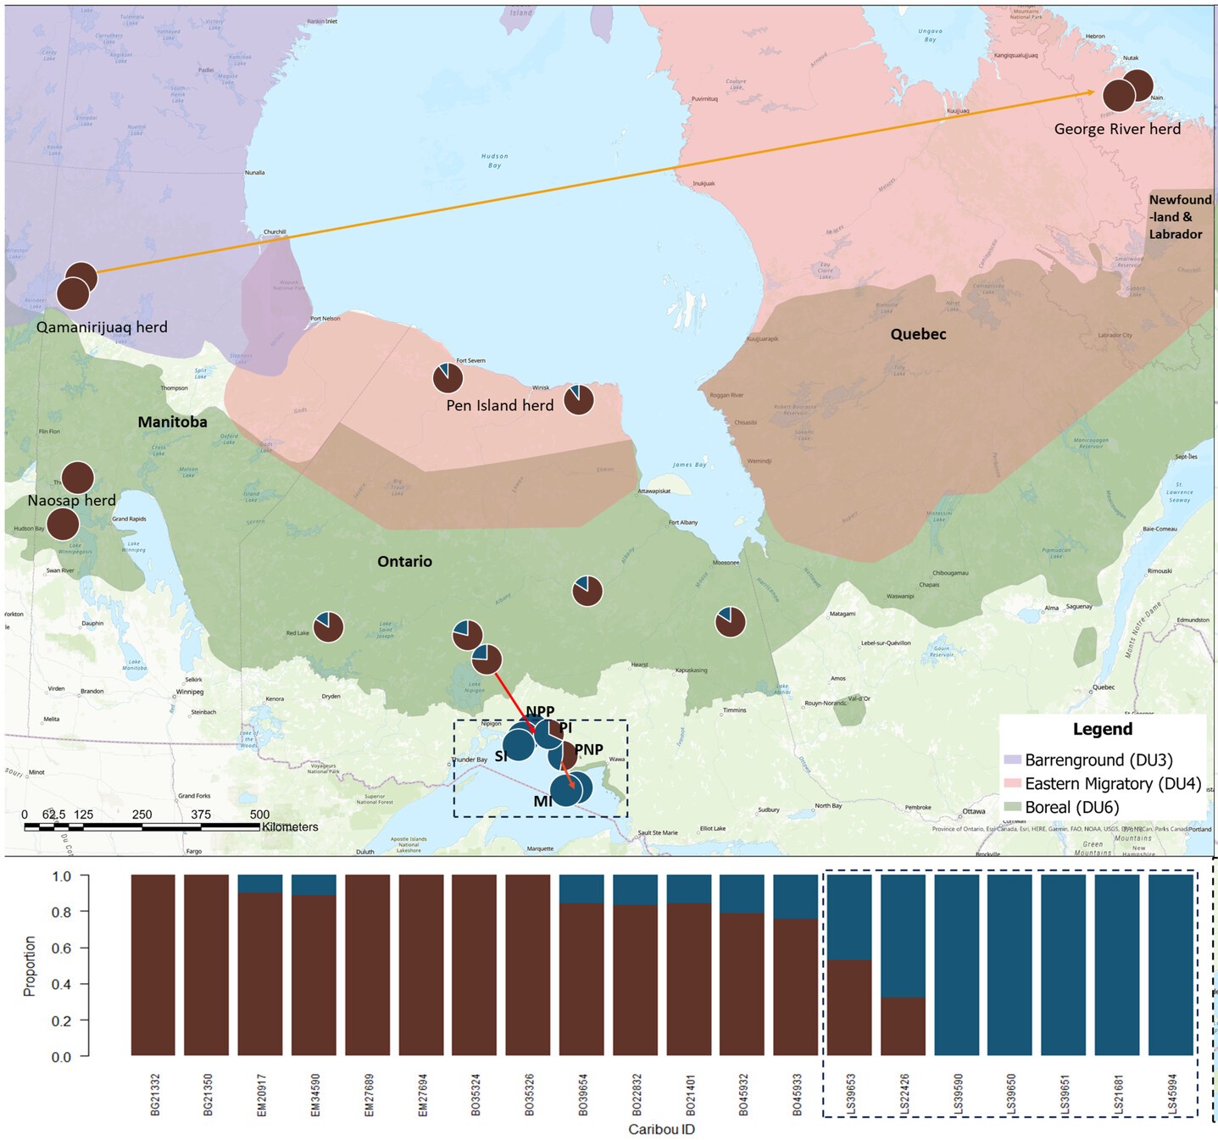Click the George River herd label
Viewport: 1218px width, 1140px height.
point(1116,129)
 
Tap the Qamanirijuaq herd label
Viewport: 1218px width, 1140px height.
point(102,327)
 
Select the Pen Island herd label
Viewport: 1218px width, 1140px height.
point(499,406)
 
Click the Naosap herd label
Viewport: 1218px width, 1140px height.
point(71,500)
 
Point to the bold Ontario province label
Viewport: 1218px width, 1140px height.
point(404,561)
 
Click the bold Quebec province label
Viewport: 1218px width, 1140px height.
point(918,334)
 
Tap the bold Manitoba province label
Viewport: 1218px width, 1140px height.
point(172,422)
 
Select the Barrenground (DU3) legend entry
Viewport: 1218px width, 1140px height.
point(1098,760)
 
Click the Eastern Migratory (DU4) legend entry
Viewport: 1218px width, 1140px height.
point(1111,784)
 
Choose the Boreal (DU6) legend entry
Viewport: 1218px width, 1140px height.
point(1071,808)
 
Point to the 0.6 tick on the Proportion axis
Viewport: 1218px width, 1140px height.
point(61,948)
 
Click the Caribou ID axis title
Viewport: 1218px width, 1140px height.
point(661,1129)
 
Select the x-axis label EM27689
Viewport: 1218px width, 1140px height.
point(369,1094)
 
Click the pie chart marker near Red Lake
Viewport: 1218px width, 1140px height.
point(328,627)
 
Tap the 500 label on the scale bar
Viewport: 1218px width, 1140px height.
point(259,815)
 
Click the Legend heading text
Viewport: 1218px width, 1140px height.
point(1102,729)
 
